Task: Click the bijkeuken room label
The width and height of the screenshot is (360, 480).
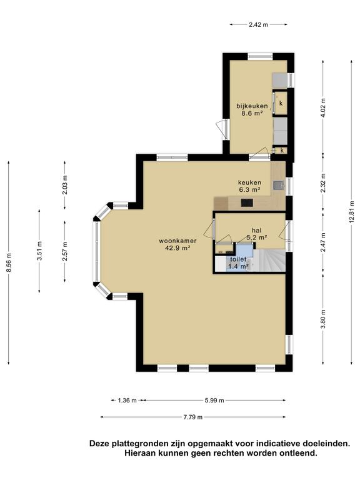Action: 252,106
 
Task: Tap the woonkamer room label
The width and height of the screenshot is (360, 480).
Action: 177,241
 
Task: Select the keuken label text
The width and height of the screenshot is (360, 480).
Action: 250,182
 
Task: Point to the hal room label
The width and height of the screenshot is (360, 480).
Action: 256,230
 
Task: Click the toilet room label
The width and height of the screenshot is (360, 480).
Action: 238,259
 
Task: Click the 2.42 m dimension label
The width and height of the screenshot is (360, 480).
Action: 258,25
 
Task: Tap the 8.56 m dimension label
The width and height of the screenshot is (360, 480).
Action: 9,262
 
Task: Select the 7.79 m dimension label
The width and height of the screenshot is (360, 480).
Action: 193,417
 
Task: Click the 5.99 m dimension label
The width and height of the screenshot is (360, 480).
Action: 214,401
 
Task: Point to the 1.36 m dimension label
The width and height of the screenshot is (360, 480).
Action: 127,401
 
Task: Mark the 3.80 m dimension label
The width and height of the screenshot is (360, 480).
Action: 323,319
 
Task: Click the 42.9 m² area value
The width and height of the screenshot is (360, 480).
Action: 177,248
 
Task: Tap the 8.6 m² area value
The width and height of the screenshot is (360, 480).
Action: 252,113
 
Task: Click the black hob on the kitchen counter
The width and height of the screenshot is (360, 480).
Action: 247,202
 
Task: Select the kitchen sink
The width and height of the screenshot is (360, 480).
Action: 278,185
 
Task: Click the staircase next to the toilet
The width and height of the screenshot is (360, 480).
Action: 269,261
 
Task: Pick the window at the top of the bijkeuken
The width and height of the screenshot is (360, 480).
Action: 260,56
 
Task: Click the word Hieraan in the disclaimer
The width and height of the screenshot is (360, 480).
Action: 139,452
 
